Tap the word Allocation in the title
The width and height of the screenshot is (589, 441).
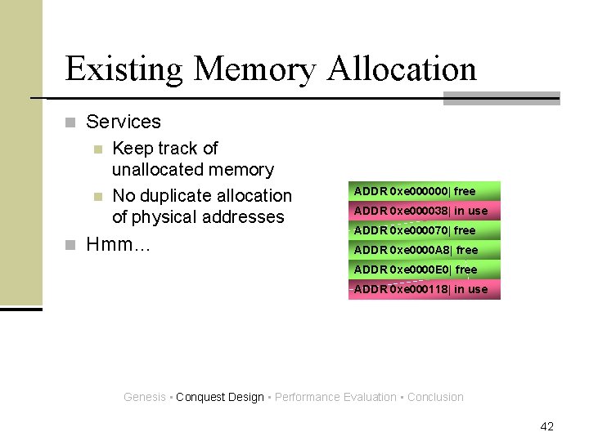(402, 69)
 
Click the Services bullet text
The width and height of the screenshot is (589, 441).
(124, 122)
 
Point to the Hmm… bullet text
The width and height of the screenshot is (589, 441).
(119, 244)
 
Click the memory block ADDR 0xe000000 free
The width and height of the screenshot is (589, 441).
(424, 191)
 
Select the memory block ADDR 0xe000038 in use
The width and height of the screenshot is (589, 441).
(424, 211)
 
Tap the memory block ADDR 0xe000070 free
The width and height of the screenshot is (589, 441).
(424, 230)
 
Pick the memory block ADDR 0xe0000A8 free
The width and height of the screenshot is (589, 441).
(424, 250)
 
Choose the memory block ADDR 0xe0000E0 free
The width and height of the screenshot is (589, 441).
(424, 269)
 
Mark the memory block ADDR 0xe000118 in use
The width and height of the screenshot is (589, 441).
(424, 289)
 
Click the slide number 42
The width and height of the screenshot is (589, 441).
(547, 426)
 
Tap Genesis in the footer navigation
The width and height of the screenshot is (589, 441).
(144, 398)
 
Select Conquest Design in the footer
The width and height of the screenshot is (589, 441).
(220, 398)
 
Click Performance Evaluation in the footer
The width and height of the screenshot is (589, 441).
(335, 398)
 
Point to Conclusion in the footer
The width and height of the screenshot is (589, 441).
(435, 398)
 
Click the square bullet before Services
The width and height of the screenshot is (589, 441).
(70, 123)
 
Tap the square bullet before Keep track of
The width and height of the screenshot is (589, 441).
(97, 149)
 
